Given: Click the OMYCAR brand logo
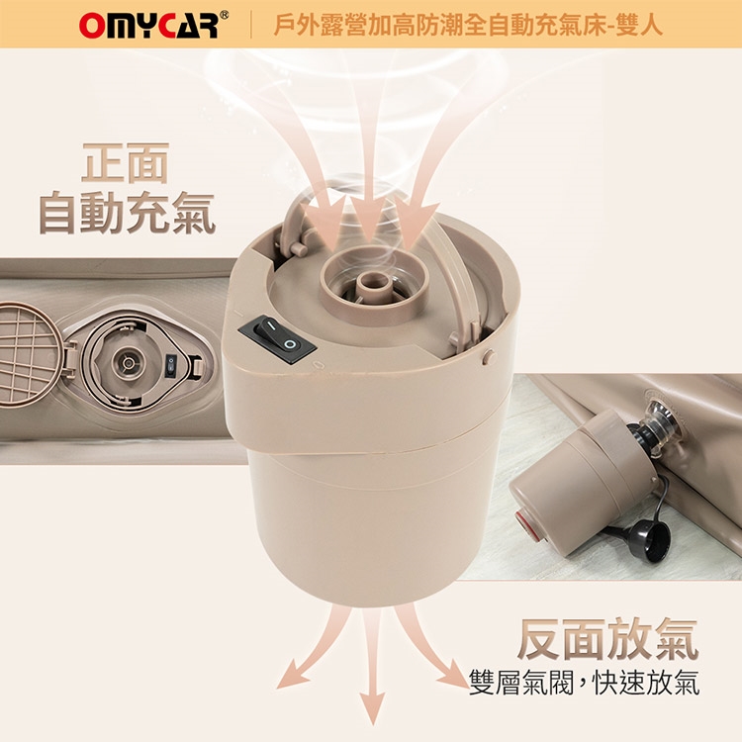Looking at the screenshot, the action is click(x=148, y=25).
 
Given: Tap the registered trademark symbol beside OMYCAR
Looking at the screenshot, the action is click(x=225, y=15).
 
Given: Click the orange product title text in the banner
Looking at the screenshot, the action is click(x=468, y=25).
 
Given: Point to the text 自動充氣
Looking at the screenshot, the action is click(x=127, y=213).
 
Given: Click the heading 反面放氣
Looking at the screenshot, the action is click(x=607, y=638).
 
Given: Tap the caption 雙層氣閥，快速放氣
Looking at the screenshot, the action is click(x=584, y=683).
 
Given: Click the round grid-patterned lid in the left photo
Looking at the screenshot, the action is click(x=30, y=352).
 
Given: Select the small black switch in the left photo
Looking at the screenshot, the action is click(x=171, y=367).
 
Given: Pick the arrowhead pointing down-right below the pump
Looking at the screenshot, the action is click(x=452, y=676).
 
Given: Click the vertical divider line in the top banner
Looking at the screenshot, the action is click(x=251, y=25).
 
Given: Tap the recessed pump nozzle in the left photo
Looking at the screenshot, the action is click(x=128, y=362).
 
